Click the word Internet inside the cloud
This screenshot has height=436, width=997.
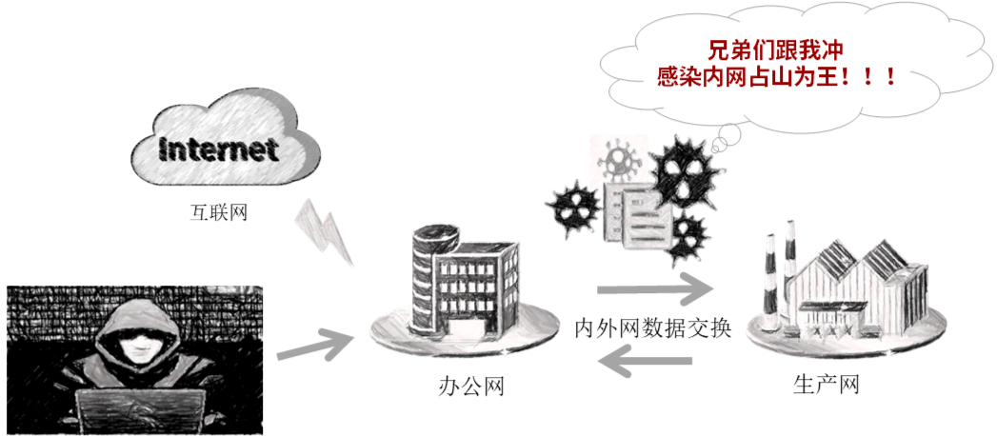point(218,150)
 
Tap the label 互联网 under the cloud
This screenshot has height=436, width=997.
point(219,210)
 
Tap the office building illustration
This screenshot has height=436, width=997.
point(467,281)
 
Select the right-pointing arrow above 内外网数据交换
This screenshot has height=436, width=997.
point(654,287)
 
